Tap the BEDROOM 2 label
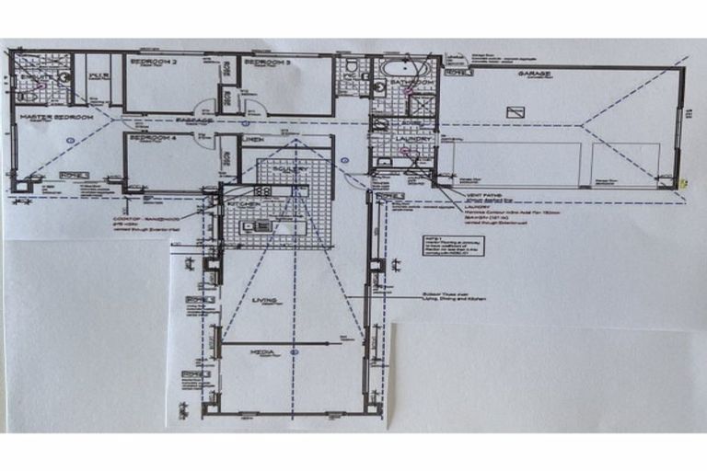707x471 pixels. click(153, 62)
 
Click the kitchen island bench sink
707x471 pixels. click(261, 224)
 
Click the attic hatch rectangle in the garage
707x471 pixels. click(517, 111)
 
